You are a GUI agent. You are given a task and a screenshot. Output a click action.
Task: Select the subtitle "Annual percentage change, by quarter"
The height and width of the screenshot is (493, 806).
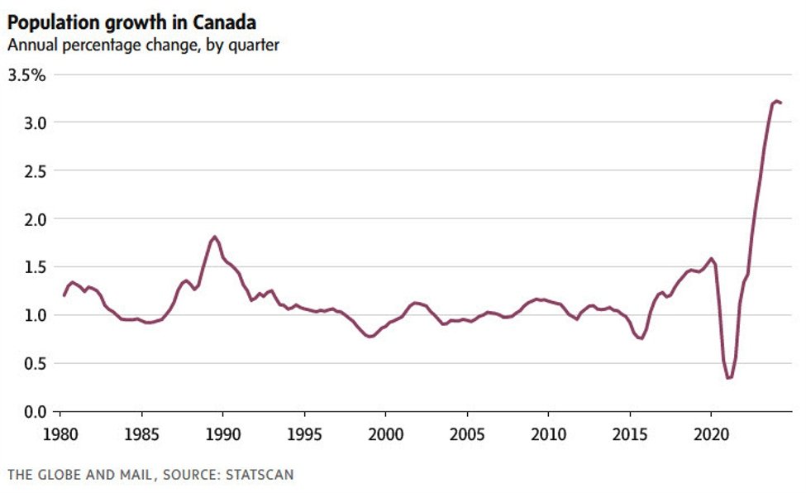[143, 45]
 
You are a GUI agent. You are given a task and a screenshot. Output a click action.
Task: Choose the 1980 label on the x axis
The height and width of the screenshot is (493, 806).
[60, 433]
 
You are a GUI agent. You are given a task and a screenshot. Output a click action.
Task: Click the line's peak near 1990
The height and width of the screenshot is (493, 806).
[215, 237]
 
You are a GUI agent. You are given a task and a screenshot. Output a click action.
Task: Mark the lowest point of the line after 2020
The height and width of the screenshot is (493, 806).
[728, 378]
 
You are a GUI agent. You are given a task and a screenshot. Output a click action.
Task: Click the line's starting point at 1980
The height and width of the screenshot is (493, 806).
[64, 295]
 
